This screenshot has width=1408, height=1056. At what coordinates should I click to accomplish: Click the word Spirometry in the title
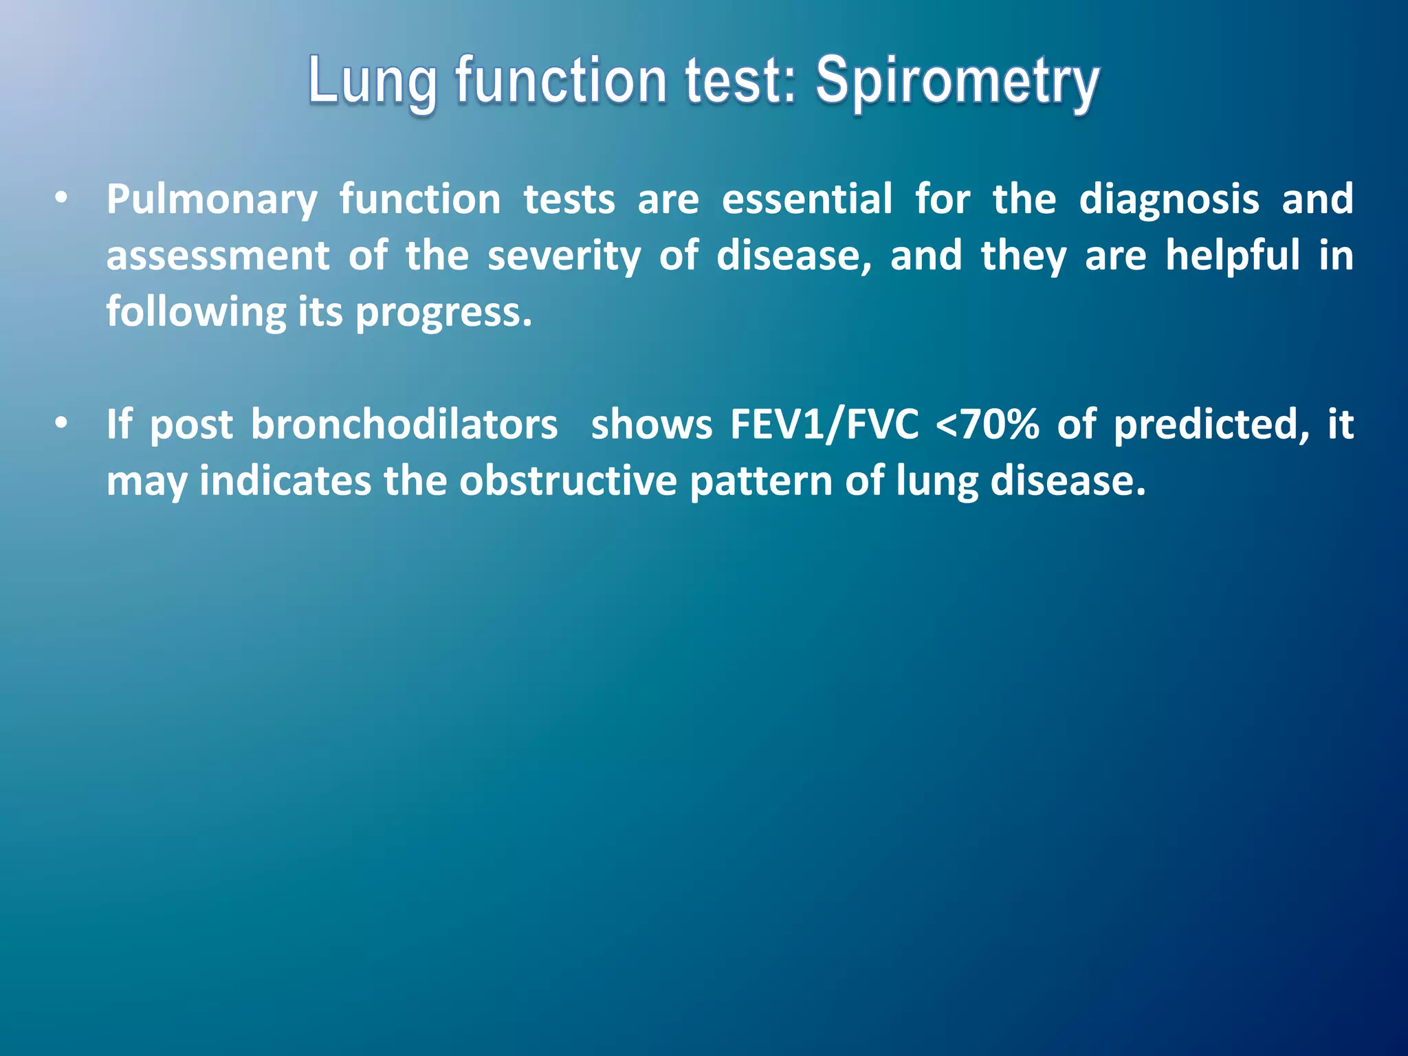(958, 82)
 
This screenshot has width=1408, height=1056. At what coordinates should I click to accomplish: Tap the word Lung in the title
(372, 82)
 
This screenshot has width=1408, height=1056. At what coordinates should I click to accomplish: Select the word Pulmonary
(212, 200)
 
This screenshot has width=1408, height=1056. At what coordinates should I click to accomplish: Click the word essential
(806, 200)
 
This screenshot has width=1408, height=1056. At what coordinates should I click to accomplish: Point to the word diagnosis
(1169, 200)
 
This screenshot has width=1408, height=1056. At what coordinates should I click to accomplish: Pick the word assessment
(218, 256)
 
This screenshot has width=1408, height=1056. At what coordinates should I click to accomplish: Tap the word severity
(564, 256)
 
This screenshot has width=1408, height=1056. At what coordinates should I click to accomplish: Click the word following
(195, 313)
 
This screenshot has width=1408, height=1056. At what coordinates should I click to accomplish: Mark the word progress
(443, 313)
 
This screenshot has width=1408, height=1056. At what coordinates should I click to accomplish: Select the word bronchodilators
(404, 425)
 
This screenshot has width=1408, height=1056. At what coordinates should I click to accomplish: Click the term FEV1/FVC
(824, 425)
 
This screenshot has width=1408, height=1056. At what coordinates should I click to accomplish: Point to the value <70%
(987, 425)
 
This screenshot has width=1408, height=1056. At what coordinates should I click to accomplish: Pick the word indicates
(285, 481)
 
